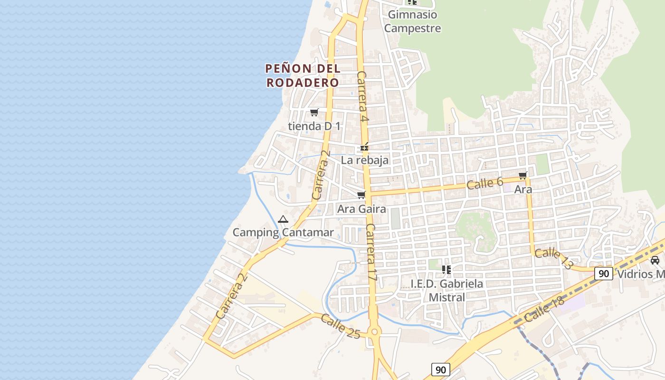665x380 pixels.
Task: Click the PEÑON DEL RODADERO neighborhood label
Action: coord(303,75)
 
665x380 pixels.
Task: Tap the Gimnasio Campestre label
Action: coord(412,21)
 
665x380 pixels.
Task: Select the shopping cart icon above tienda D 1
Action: coord(314,113)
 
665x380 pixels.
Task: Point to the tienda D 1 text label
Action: coord(314,126)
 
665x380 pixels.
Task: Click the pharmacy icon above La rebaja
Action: coord(364,147)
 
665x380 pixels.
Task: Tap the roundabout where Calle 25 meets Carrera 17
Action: coord(374,332)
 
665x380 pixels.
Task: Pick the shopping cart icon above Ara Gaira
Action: coord(361,195)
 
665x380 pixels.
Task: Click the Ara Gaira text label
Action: coord(361,209)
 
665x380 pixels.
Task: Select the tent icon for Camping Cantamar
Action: coord(283,219)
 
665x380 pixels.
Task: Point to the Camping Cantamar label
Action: coord(283,232)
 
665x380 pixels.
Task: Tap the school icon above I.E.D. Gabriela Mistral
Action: coord(446,270)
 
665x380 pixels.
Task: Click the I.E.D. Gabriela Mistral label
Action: coord(446,290)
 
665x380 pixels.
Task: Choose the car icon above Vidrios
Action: coord(655,260)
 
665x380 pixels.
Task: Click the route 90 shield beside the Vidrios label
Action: coord(604,273)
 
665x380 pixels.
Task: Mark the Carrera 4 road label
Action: coord(363,96)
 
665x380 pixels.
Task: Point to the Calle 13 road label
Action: coord(554,259)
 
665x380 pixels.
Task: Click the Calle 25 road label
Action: coord(340,326)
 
